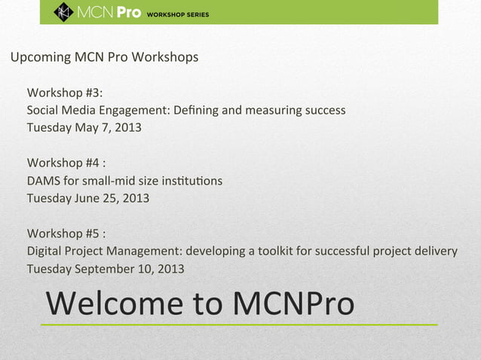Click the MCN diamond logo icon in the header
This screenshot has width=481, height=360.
click(63, 12)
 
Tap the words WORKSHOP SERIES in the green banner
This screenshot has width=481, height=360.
click(178, 14)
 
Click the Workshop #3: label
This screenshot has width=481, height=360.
click(65, 93)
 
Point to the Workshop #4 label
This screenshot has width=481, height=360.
click(65, 164)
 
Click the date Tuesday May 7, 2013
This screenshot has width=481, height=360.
click(84, 127)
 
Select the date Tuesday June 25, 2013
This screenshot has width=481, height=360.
click(87, 198)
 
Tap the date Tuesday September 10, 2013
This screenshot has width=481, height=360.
click(105, 269)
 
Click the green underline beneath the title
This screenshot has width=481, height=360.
click(238, 325)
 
